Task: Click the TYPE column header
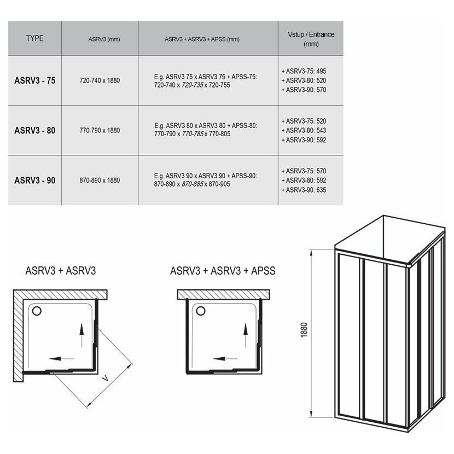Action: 35,38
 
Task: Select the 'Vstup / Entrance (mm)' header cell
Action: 311,39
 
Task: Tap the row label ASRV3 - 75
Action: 35,80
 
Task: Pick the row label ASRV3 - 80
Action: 35,130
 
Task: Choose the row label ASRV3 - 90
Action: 35,181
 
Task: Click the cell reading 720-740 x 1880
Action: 100,80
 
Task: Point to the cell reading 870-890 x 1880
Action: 100,181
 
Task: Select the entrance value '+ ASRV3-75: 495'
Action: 304,71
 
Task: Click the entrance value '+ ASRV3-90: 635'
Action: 304,190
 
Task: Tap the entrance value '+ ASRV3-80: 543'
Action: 304,130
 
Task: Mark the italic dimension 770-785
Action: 193,134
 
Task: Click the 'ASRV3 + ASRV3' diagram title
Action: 61,271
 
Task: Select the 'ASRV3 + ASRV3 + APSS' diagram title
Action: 223,271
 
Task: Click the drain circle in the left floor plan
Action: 37,311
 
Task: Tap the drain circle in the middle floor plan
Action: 201,311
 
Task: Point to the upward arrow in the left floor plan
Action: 82,335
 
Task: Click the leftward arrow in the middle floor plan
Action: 225,359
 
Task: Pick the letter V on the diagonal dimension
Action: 106,378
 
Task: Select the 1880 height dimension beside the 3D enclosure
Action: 304,330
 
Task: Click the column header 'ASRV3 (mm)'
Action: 104,39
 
